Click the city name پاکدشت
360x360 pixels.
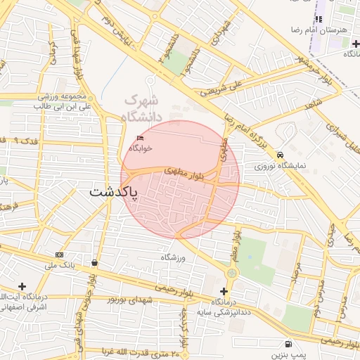pos(114,191)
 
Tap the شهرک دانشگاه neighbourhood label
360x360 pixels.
pos(141,108)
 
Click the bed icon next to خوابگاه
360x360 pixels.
pos(141,138)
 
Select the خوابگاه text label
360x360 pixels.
pos(141,148)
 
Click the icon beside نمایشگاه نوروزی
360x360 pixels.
pos(281,155)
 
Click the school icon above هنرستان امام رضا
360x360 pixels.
pos(319,20)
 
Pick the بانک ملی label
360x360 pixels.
pos(59,265)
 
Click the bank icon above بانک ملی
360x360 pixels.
pos(59,255)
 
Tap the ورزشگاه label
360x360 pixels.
pos(172,258)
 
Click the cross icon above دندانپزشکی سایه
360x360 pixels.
pos(224,291)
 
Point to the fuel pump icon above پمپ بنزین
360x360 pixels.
pos(289,344)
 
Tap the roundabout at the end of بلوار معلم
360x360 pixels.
pos(233,272)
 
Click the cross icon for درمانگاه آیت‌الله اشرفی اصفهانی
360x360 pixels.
pos(22,286)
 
